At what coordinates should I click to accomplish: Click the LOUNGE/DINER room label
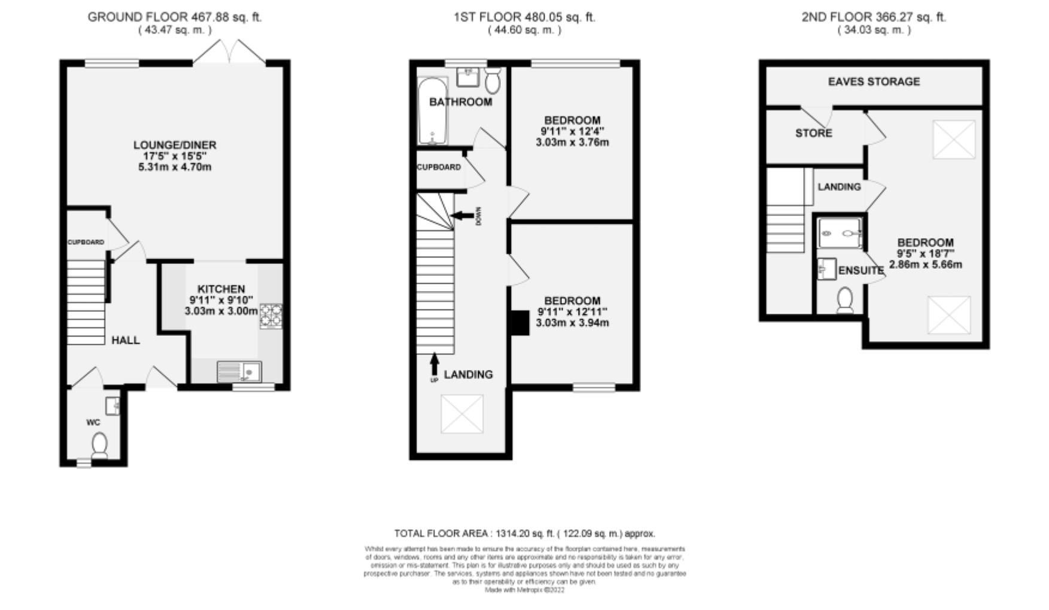174,145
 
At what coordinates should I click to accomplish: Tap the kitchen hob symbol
270,316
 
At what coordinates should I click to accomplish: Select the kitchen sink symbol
239,372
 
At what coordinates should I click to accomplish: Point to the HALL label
126,340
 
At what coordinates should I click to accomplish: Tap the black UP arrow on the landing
434,364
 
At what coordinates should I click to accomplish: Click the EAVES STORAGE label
874,81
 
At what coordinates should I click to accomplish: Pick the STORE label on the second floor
813,133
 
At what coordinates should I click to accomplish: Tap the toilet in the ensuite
845,300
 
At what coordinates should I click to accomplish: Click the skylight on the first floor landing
461,414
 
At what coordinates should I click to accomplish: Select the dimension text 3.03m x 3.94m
572,323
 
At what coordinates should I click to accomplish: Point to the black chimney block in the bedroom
520,323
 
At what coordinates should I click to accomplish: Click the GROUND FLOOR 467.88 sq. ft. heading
175,17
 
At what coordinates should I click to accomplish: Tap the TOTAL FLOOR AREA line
524,533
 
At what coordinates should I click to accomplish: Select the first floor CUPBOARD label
439,167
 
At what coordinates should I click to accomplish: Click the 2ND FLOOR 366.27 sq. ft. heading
874,17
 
